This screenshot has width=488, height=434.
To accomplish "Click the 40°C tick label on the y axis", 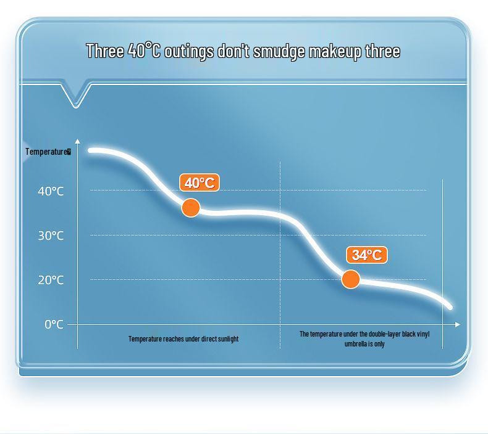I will pyautogui.click(x=51, y=191).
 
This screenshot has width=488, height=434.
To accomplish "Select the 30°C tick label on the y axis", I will pyautogui.click(x=51, y=235).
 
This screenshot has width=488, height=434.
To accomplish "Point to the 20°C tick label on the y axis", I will pyautogui.click(x=51, y=280).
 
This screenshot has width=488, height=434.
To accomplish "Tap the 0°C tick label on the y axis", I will pyautogui.click(x=54, y=324).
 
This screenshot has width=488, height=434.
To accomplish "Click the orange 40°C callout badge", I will pyautogui.click(x=200, y=182).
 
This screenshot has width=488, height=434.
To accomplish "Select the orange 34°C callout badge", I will pyautogui.click(x=367, y=255).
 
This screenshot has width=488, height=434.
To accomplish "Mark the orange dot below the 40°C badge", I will pyautogui.click(x=191, y=208).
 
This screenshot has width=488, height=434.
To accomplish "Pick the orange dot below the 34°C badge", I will pyautogui.click(x=351, y=279).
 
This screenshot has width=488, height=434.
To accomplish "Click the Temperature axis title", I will pyautogui.click(x=48, y=152).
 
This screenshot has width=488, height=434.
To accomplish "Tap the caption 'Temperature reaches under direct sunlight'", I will pyautogui.click(x=183, y=338).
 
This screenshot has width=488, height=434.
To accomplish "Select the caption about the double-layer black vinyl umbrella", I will pyautogui.click(x=364, y=338).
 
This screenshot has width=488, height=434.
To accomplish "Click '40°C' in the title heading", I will pyautogui.click(x=144, y=51).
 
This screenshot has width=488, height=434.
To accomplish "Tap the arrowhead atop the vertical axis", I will pyautogui.click(x=77, y=142).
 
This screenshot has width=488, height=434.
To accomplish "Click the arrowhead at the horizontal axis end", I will pyautogui.click(x=458, y=324).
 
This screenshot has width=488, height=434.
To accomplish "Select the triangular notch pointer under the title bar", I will pyautogui.click(x=76, y=96).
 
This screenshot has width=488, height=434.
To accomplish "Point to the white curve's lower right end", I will pyautogui.click(x=449, y=306).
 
